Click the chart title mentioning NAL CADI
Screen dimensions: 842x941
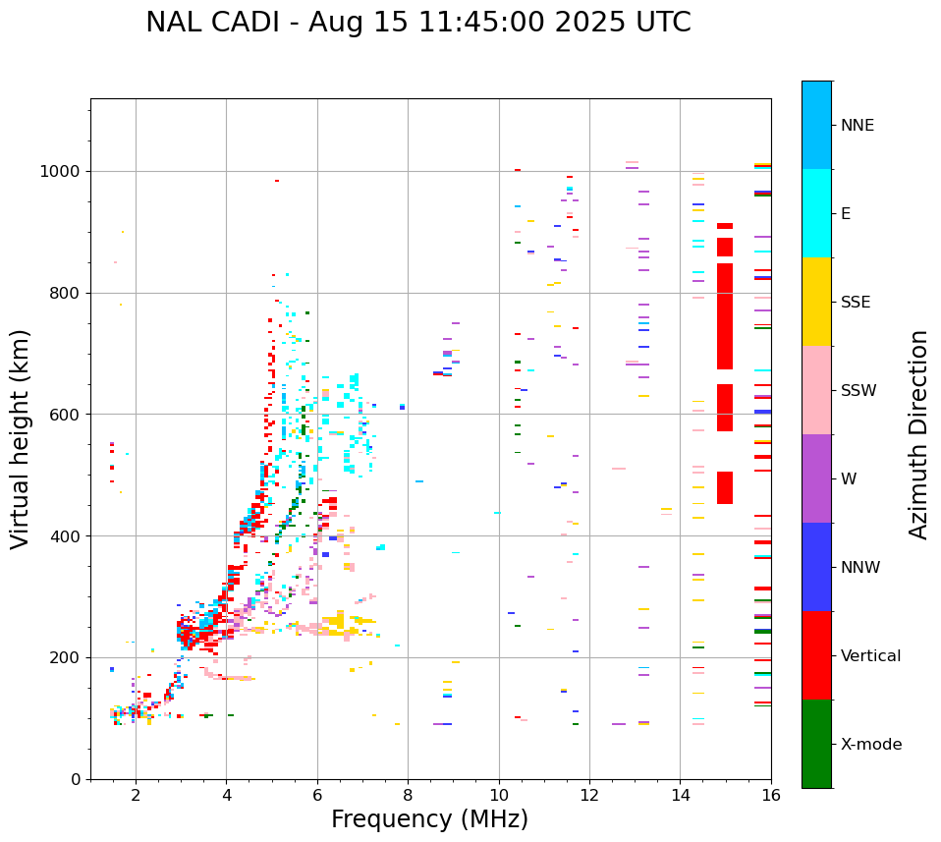(417, 23)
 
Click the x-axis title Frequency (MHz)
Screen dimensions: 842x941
(429, 819)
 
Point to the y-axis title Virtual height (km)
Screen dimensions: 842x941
(21, 438)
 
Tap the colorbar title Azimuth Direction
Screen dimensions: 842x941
(918, 434)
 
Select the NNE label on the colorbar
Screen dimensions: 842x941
(857, 126)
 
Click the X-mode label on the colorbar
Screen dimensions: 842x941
(871, 745)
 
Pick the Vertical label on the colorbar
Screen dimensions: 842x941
(871, 656)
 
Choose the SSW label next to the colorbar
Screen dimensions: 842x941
(858, 391)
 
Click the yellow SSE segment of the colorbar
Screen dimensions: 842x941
(816, 302)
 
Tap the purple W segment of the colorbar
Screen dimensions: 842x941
(816, 478)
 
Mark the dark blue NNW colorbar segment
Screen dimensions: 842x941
(816, 567)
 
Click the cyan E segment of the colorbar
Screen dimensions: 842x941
(816, 213)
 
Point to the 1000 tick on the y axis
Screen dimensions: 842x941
(63, 171)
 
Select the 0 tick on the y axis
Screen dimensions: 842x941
(78, 779)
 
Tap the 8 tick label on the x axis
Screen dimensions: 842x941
(408, 794)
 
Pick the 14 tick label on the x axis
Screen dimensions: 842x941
(681, 794)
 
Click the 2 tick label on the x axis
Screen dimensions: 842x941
(136, 794)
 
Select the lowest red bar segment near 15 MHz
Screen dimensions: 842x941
(725, 488)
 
